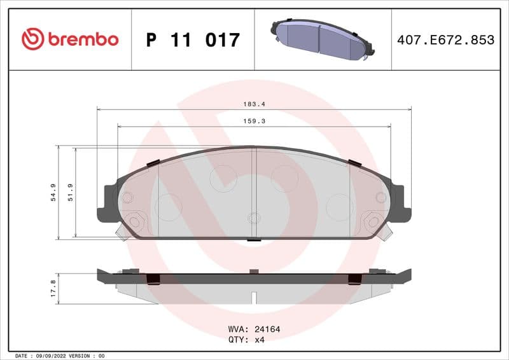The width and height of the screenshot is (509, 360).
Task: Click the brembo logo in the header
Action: point(70,39)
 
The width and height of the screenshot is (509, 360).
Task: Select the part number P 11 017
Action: point(193,40)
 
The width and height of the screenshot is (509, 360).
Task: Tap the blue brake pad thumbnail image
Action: point(322,39)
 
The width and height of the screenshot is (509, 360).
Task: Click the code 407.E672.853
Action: point(445,40)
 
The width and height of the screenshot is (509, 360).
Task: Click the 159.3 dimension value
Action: point(254,121)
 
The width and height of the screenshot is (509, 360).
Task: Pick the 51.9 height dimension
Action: point(70,192)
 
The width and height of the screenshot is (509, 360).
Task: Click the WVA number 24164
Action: point(267,329)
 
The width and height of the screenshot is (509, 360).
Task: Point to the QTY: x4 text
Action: point(246,340)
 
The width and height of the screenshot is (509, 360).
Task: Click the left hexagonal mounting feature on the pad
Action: point(134,222)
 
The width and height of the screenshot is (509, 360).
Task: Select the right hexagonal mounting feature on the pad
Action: point(373,222)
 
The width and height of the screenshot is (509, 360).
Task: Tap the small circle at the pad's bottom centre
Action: point(254,218)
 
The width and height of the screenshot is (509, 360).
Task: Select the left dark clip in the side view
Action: point(153,279)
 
